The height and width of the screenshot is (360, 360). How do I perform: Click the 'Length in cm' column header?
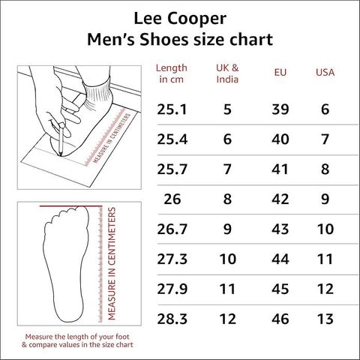click(172, 73)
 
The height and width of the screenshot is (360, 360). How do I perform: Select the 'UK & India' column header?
click(227, 73)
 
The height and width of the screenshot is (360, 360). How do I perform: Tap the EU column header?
click(280, 73)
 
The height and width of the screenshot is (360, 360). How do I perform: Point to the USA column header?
click(325, 73)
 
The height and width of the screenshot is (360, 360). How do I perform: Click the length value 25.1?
click(172, 109)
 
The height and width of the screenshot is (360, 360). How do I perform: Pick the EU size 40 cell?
click(280, 139)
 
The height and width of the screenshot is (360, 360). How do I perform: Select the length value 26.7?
click(172, 229)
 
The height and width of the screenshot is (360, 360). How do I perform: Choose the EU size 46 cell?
click(280, 319)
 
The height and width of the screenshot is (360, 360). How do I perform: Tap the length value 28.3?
click(172, 319)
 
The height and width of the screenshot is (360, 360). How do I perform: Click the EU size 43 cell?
click(280, 229)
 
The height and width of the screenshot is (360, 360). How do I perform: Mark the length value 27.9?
click(172, 289)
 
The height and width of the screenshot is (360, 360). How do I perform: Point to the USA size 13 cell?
click(325, 319)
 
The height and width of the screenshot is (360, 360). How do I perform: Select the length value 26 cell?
click(172, 199)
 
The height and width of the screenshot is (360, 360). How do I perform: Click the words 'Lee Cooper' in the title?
click(180, 19)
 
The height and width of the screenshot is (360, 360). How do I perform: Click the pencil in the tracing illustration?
click(61, 139)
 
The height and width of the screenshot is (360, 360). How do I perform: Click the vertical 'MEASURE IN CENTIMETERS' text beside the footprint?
click(112, 263)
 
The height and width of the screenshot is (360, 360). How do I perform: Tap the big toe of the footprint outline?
click(81, 212)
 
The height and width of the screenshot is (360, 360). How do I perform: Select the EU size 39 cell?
click(280, 109)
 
